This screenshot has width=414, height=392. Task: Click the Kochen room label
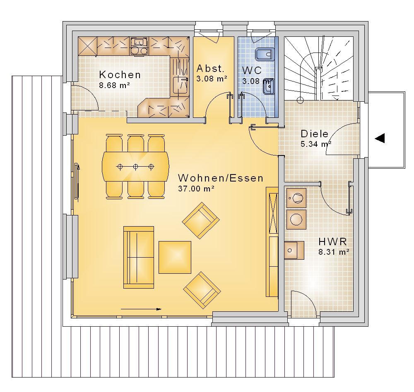point(120,75)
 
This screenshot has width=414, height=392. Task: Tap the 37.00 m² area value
point(196,189)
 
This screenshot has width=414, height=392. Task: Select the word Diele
point(315,134)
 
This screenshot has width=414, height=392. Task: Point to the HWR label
point(332,241)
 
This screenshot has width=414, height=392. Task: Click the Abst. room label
point(210,69)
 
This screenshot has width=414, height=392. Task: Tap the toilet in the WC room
point(265,54)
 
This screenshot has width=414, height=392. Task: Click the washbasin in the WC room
point(269,86)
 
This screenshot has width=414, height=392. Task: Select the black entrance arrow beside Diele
point(380,138)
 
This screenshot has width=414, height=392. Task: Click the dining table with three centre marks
point(135,167)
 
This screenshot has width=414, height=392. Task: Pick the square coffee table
point(175,257)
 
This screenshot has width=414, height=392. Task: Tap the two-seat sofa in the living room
point(139,257)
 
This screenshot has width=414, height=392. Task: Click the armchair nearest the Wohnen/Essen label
point(201,220)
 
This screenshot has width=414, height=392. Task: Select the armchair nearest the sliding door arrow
point(202,290)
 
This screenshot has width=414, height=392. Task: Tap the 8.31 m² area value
point(334,252)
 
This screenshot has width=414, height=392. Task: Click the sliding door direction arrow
point(141,309)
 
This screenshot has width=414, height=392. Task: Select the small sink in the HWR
point(294,250)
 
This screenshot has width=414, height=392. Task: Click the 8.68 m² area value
point(114,86)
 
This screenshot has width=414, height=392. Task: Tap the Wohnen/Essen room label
point(221,178)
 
